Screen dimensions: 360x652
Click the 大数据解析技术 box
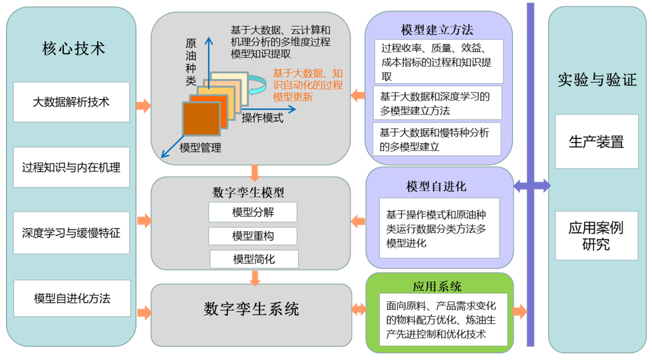(71, 102)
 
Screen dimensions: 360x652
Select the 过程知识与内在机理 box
(71, 168)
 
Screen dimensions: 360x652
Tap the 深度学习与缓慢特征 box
(71, 233)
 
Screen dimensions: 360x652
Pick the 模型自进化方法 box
(72, 298)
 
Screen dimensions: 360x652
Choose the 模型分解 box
(253, 212)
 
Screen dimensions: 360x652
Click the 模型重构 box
(253, 236)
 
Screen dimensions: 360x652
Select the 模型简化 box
(253, 259)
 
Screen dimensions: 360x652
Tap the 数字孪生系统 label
(251, 309)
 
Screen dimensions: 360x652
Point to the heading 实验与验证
(597, 81)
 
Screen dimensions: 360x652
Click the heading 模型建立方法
(437, 30)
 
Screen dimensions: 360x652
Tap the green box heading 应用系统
(437, 286)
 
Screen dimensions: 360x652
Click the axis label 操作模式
(262, 118)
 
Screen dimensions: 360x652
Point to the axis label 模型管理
(200, 148)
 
